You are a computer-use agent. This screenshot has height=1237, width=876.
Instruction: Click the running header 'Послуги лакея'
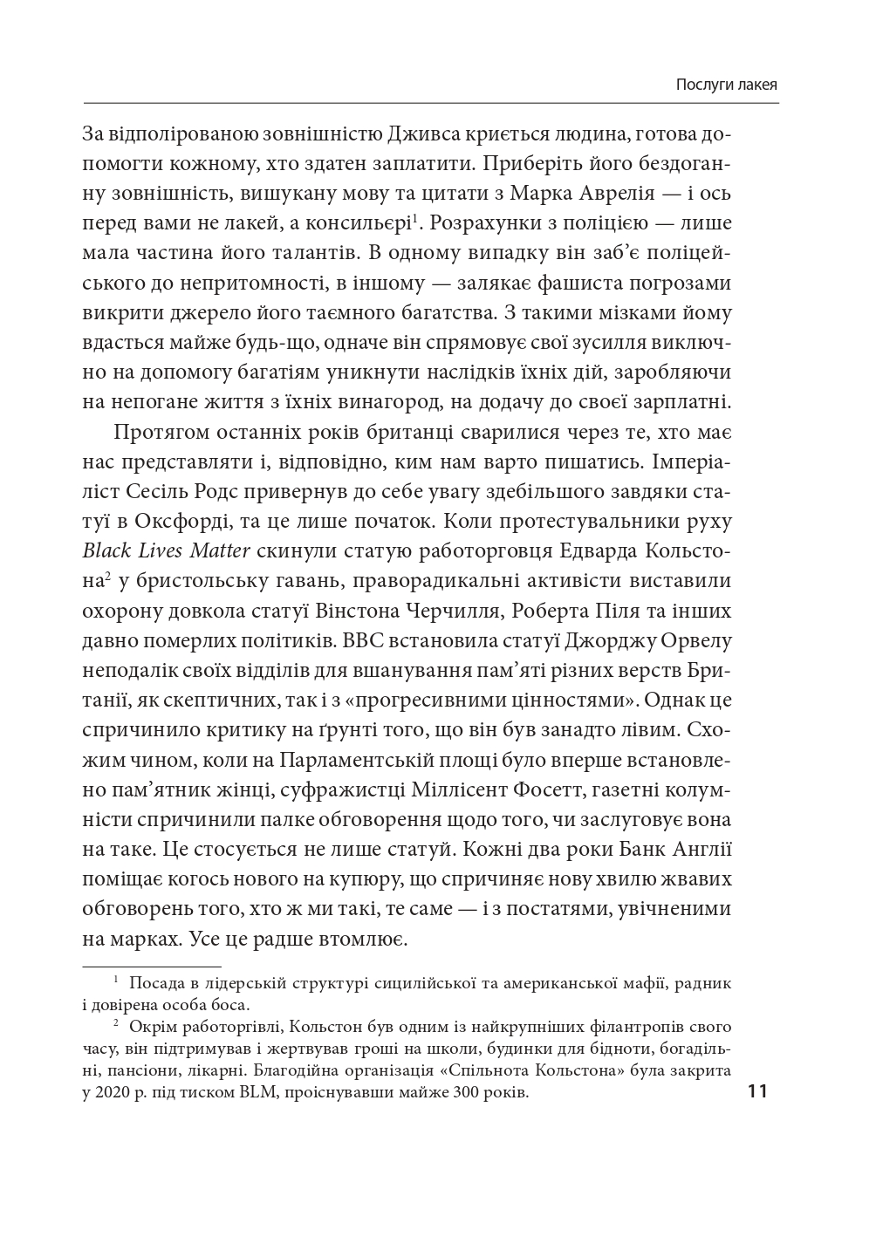727,85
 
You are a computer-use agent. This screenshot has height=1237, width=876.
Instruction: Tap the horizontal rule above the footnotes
151,967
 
